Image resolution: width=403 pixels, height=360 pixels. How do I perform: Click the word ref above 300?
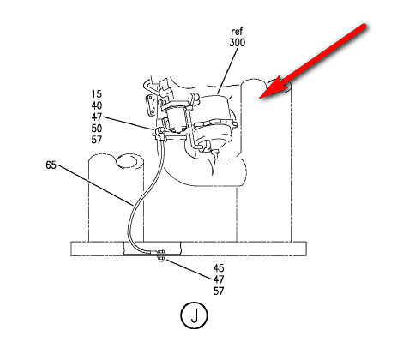[237, 31]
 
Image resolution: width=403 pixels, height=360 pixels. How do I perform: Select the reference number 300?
[237, 43]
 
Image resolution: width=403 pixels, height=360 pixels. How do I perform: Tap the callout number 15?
[97, 94]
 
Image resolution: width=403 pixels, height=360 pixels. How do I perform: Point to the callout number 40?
[97, 105]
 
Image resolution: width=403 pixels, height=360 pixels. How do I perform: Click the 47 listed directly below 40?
[97, 117]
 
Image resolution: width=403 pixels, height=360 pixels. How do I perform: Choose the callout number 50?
[97, 129]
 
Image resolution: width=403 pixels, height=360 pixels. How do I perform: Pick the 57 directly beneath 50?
[97, 140]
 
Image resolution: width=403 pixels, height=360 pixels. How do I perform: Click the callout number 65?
[51, 165]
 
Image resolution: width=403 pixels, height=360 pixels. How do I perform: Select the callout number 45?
[219, 268]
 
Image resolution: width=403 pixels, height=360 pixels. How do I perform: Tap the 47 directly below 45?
[219, 279]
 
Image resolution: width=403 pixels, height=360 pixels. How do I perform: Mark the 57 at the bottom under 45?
[219, 291]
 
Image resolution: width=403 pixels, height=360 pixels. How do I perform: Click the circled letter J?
[194, 315]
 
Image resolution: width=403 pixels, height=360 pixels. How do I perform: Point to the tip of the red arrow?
[260, 98]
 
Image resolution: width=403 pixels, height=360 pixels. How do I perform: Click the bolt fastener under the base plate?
[160, 255]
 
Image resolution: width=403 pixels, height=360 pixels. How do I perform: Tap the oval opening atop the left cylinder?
[129, 160]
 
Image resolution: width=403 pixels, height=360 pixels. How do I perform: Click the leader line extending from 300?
[227, 71]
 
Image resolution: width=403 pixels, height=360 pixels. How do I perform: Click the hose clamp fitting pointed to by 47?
[159, 132]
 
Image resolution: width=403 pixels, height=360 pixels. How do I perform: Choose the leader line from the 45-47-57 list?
[189, 269]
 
